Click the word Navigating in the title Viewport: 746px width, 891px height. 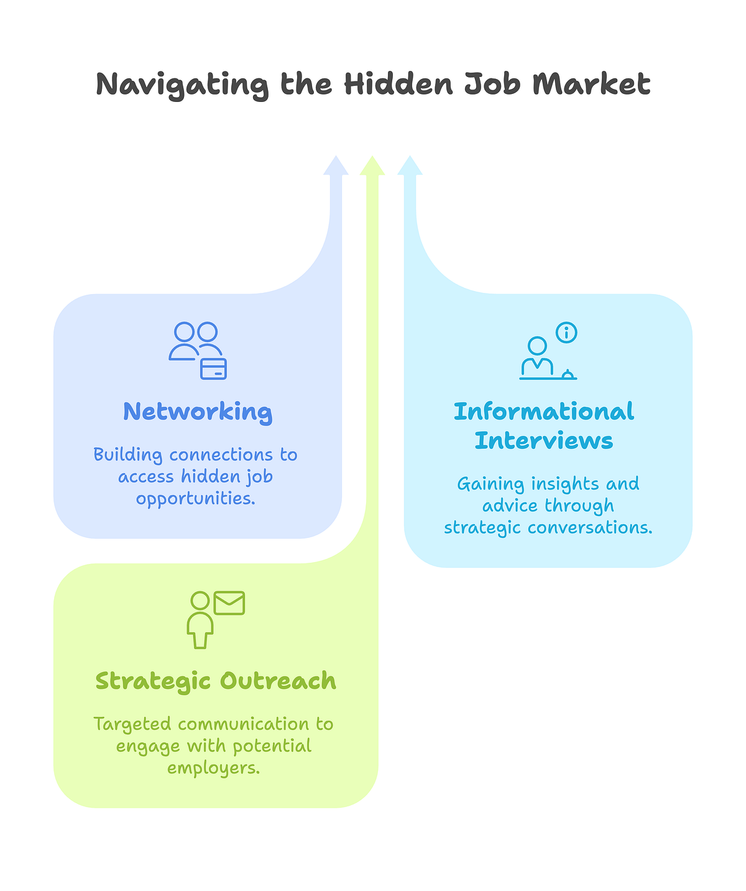coord(182,85)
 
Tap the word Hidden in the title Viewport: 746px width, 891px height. coord(398,83)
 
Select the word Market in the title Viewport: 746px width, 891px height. coord(591,83)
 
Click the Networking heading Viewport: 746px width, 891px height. coord(198,412)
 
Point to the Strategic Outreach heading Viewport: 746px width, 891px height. coord(216,681)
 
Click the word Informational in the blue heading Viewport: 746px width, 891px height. coord(544,412)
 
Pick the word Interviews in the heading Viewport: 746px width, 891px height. coord(544,440)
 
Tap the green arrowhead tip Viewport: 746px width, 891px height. coord(372,156)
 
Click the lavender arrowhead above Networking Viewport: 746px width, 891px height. coord(336,165)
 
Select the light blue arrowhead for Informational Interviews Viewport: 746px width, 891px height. coord(410,165)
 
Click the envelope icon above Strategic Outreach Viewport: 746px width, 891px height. coord(229,602)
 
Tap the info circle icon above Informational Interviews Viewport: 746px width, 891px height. coord(566,333)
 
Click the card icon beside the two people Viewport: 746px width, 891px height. coord(213,369)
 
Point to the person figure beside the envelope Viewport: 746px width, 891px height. coord(200,620)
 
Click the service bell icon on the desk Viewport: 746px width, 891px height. coord(568,374)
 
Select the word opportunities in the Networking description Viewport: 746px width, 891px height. coord(195,499)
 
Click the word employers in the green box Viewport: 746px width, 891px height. coord(213,768)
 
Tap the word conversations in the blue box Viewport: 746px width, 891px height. coord(590,527)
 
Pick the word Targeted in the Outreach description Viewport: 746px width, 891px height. coord(132,724)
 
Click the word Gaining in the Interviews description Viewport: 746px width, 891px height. coord(490,484)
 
